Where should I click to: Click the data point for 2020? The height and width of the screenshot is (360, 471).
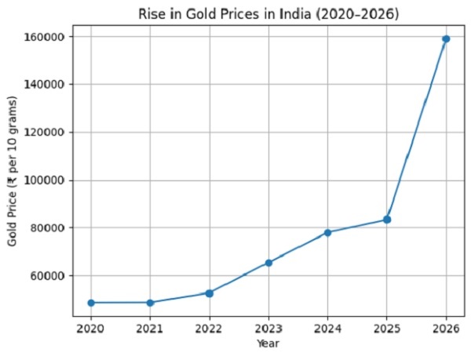tap(91, 303)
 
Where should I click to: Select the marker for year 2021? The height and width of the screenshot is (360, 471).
tap(150, 303)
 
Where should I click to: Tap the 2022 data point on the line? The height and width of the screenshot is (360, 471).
tap(210, 293)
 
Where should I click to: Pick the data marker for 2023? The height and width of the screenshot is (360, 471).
tap(268, 263)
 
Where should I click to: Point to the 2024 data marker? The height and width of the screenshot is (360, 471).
tap(327, 232)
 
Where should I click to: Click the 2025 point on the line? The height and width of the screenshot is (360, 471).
tap(387, 220)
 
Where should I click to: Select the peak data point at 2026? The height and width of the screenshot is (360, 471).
tap(446, 38)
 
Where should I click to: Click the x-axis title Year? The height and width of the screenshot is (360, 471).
tap(268, 344)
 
